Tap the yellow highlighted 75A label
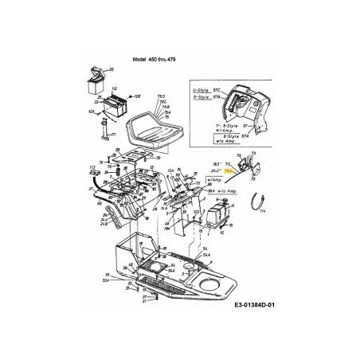coord(229,170)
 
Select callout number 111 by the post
coord(113,138)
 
